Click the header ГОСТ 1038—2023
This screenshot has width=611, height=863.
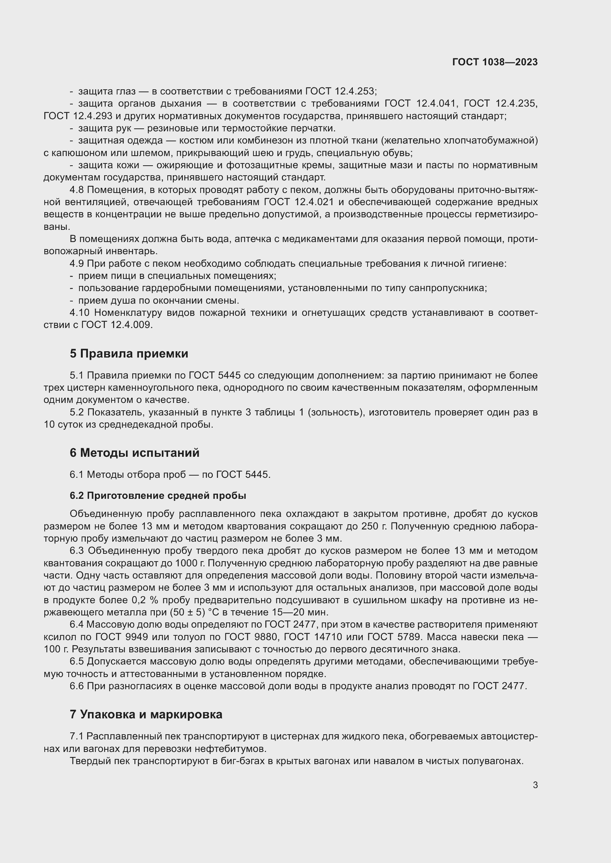[x=495, y=62]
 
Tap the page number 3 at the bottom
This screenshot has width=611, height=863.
[x=535, y=785]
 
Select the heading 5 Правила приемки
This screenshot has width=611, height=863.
[x=129, y=354]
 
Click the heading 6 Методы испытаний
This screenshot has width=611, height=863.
[x=134, y=453]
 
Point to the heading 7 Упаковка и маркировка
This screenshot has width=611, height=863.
[x=146, y=714]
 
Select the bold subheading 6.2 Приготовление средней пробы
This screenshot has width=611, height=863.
[x=158, y=496]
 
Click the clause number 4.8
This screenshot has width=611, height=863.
[x=77, y=190]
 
